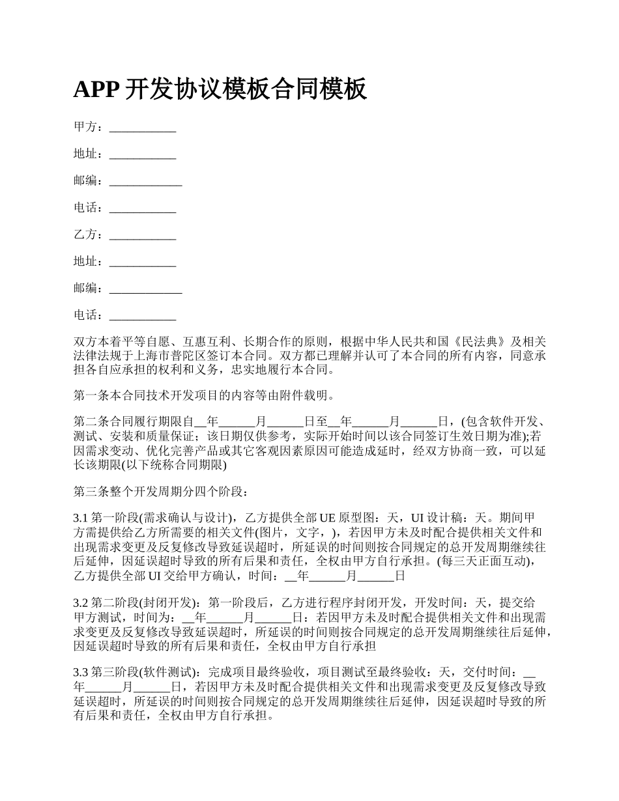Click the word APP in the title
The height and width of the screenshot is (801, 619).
point(95,90)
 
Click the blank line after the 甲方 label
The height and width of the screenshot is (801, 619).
point(143,127)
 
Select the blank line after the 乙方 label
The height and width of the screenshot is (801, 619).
point(143,234)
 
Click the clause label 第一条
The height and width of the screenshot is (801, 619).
point(88,395)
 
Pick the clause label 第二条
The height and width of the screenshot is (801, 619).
point(88,421)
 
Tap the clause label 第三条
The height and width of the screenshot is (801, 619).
point(88,490)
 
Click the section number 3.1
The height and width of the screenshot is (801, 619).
point(81,518)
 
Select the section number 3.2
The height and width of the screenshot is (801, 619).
point(81,602)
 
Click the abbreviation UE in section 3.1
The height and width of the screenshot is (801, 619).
point(326,518)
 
